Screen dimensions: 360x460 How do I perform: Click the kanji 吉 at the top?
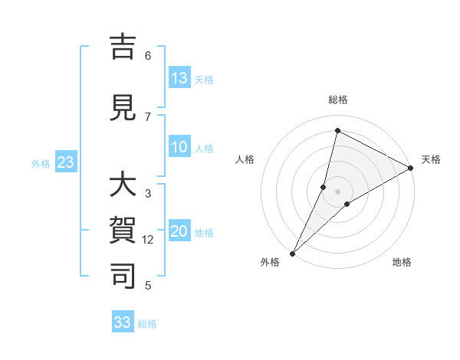123,47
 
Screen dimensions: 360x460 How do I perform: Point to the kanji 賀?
123,231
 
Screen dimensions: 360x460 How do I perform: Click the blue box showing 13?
179,78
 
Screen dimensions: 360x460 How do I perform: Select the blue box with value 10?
179,147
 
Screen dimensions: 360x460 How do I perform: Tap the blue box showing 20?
179,231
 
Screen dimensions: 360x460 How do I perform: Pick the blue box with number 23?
65,162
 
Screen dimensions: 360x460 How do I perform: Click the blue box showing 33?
123,322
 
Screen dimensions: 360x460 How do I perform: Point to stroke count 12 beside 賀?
149,240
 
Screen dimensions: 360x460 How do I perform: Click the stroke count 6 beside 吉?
148,56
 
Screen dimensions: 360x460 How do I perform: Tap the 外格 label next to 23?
41,163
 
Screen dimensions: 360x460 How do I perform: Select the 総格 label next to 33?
147,324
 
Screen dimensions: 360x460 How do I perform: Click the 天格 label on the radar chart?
431,159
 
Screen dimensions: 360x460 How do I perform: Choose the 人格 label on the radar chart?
245,159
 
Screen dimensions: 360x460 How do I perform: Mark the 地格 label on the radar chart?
402,262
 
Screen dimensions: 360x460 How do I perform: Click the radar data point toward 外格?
292,253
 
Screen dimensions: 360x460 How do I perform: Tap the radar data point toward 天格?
411,168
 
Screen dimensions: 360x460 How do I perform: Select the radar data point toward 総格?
337,131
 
